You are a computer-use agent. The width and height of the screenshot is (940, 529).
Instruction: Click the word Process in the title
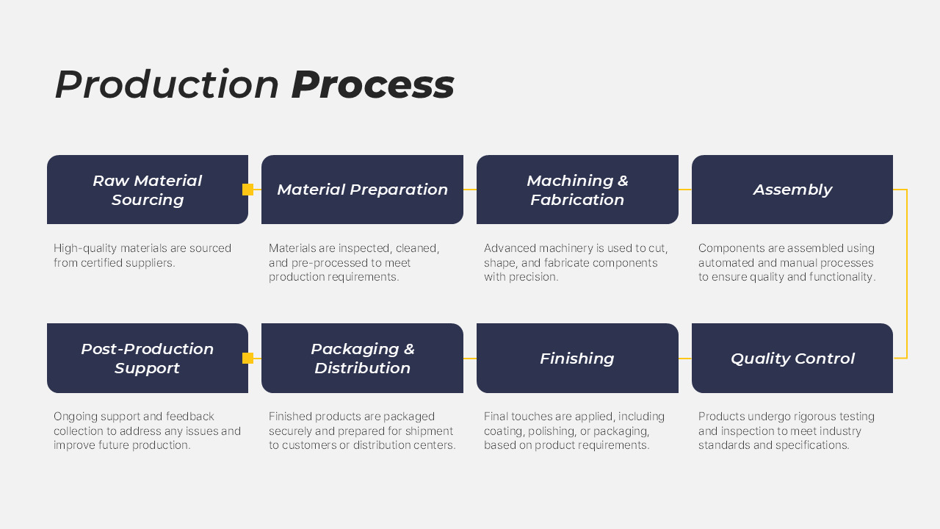pyautogui.click(x=372, y=84)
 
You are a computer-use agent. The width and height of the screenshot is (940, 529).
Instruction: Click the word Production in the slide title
pyautogui.click(x=167, y=84)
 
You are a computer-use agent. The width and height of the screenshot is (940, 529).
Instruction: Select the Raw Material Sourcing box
pyautogui.click(x=147, y=190)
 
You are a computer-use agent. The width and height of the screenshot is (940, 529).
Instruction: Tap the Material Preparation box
pyautogui.click(x=362, y=190)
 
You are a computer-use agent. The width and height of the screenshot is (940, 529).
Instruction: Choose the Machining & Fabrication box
pyautogui.click(x=577, y=190)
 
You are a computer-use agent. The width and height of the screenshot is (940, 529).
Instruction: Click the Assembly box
pyautogui.click(x=792, y=190)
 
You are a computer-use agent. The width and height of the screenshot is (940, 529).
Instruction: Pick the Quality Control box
pyautogui.click(x=792, y=359)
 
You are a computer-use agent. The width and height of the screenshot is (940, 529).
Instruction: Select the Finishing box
pyautogui.click(x=577, y=359)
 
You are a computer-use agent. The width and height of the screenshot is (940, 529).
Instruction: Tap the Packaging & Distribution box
pyautogui.click(x=362, y=359)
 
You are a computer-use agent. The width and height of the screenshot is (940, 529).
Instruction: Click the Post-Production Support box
pyautogui.click(x=147, y=359)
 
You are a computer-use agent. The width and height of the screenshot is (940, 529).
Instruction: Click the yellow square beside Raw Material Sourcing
pyautogui.click(x=247, y=190)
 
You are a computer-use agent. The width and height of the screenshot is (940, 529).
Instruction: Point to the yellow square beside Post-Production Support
pyautogui.click(x=247, y=359)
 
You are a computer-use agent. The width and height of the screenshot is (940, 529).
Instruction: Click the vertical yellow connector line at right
pyautogui.click(x=907, y=273)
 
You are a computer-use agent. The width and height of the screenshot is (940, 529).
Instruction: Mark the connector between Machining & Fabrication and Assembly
pyautogui.click(x=685, y=190)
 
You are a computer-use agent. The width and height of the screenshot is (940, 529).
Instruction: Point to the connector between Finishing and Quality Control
pyautogui.click(x=685, y=359)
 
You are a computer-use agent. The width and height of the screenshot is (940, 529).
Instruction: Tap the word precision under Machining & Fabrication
pyautogui.click(x=532, y=277)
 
